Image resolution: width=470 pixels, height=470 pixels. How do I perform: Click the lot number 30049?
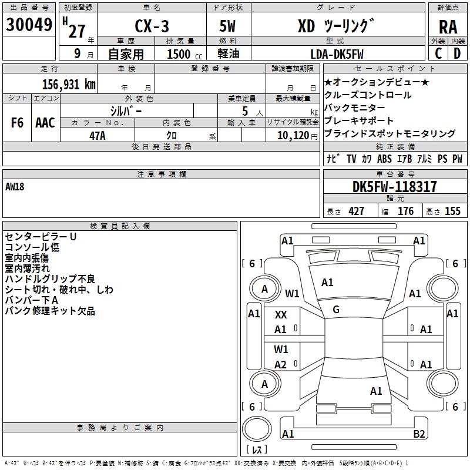pyautogui.click(x=29, y=25)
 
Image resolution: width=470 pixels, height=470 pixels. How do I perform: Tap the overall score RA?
pyautogui.click(x=448, y=26)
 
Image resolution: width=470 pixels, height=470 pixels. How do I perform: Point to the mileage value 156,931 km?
pyautogui.click(x=69, y=84)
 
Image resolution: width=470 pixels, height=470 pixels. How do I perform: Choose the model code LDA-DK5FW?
pyautogui.click(x=337, y=54)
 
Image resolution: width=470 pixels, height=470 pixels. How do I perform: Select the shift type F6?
pyautogui.click(x=17, y=123)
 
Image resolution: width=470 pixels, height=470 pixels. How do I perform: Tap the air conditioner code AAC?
pyautogui.click(x=45, y=123)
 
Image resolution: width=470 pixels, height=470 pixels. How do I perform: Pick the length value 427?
pyautogui.click(x=356, y=211)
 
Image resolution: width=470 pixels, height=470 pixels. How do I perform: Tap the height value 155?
pyautogui.click(x=452, y=211)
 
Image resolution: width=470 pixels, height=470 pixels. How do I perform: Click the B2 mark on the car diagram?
pyautogui.click(x=419, y=434)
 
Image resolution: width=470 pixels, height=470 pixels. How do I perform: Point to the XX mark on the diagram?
pyautogui.click(x=281, y=315)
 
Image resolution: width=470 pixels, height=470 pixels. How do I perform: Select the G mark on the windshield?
pyautogui.click(x=336, y=309)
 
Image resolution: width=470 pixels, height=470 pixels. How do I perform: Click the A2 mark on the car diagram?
pyautogui.click(x=281, y=365)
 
